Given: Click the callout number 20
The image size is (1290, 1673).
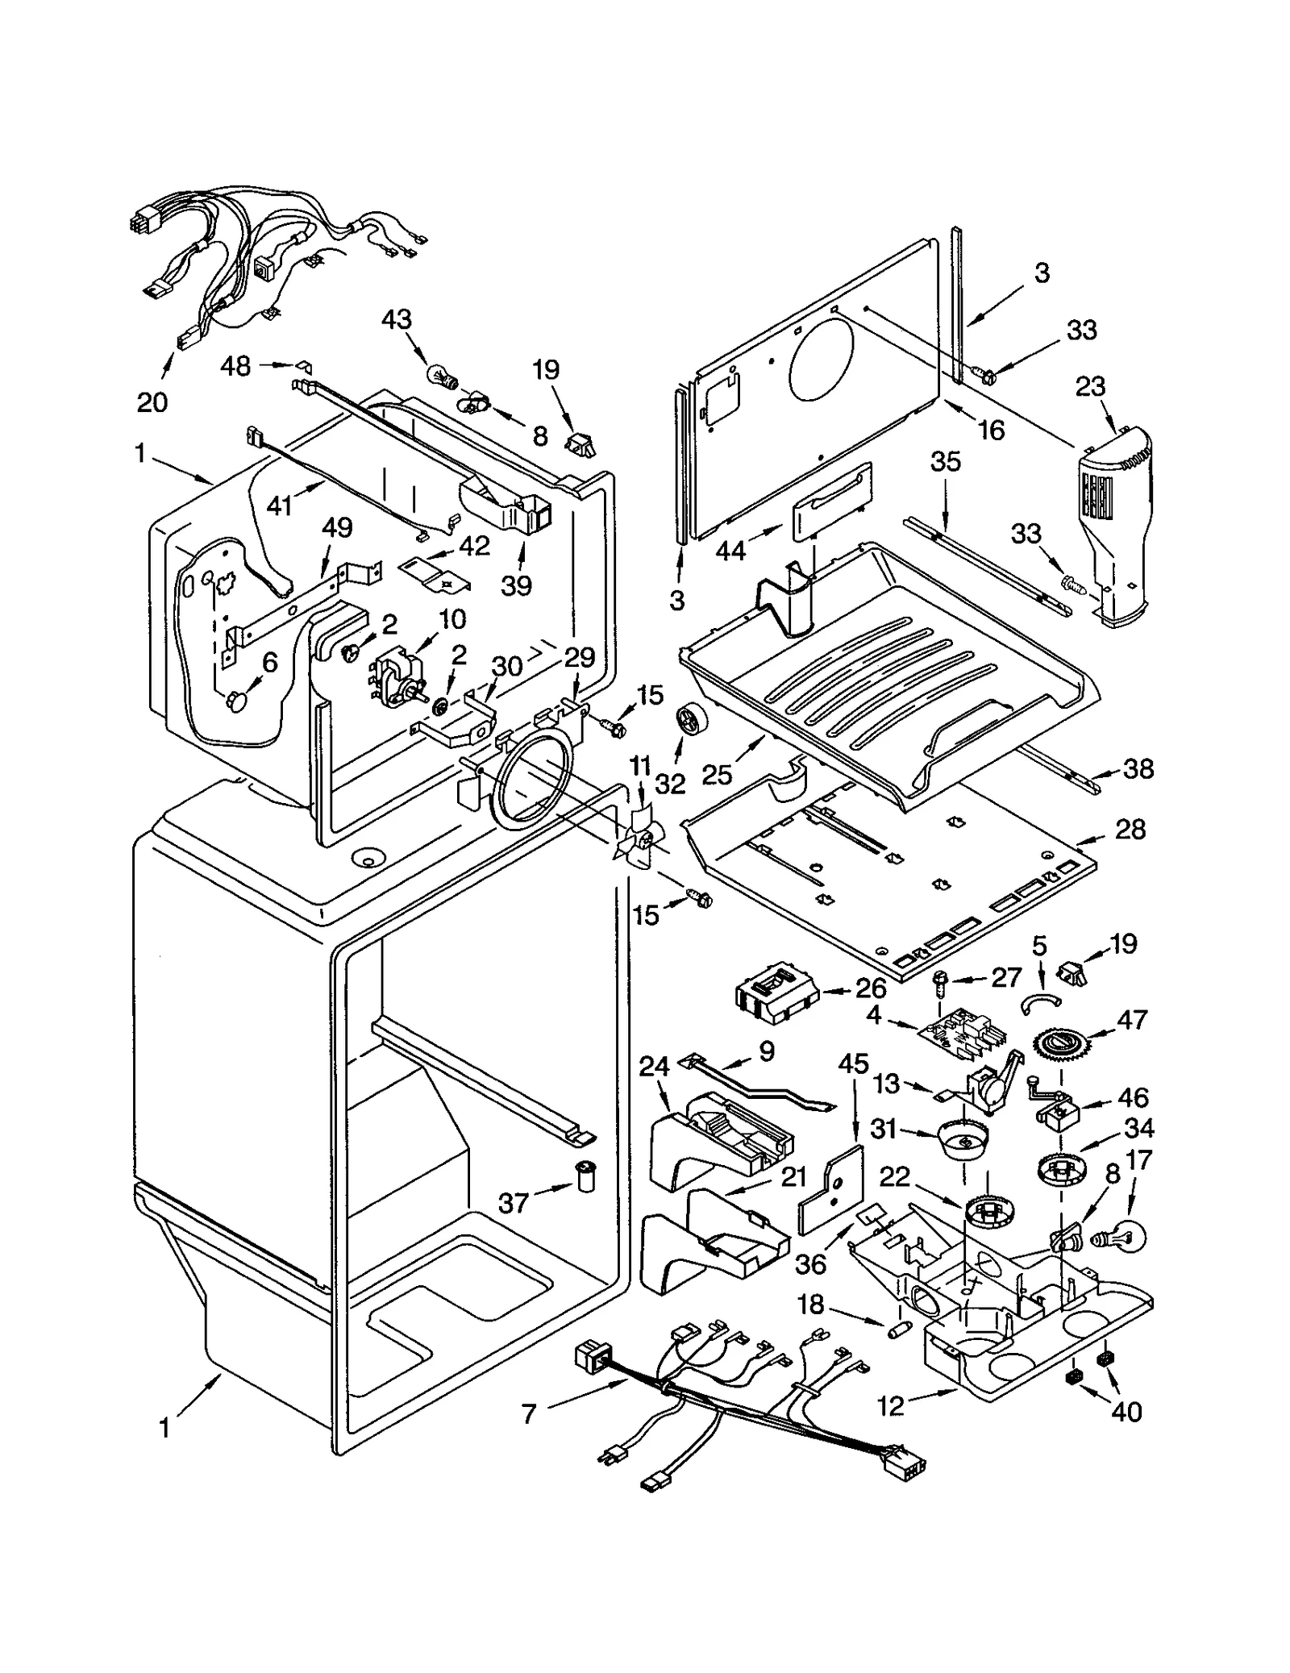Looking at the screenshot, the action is [x=152, y=401].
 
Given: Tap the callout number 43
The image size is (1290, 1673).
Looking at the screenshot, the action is [x=396, y=319].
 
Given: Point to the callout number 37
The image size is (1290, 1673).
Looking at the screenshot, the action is [x=513, y=1204].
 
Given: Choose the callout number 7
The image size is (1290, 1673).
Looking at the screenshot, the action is [x=529, y=1413].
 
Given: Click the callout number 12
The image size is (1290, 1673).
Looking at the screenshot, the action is [x=891, y=1407].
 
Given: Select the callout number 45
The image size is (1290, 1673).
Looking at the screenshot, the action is [x=853, y=1064].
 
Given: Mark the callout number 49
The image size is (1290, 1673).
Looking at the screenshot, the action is [x=337, y=528].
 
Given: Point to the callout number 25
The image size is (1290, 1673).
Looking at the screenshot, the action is [x=717, y=775].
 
